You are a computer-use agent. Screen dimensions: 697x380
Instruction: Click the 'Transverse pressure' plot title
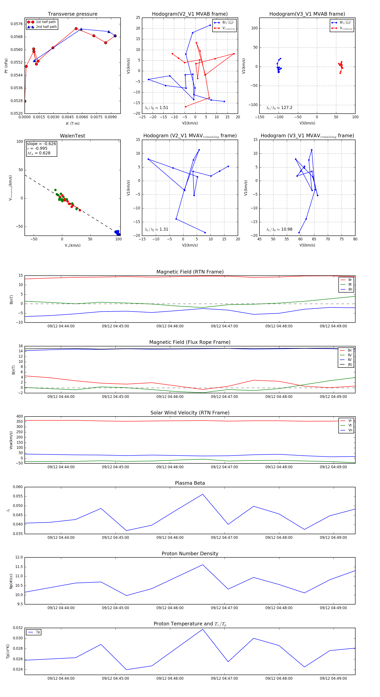pos(72,14)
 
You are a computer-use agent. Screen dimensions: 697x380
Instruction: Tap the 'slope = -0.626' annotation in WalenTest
pos(41,144)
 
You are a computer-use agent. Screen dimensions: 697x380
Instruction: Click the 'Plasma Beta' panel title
pos(190,483)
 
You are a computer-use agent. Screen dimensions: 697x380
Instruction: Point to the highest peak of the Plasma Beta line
pos(203,494)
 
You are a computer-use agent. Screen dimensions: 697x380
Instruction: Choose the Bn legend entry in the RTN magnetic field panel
pos(350,289)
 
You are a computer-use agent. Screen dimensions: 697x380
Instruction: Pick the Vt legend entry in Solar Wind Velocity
pos(350,425)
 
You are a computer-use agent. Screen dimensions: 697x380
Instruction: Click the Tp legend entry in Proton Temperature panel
pos(38,632)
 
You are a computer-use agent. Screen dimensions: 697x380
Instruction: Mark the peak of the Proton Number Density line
pos(203,565)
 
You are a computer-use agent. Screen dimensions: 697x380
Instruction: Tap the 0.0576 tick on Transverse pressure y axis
pos(16,24)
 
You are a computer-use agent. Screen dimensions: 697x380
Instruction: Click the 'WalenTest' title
pos(72,136)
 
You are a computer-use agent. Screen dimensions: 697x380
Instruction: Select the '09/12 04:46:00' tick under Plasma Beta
pos(170,537)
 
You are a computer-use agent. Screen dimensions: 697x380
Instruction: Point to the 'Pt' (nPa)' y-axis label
pos(6,66)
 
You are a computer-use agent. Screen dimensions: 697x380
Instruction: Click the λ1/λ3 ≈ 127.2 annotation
pos(279,108)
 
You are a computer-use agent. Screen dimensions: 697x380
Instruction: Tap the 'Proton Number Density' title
pos(190,554)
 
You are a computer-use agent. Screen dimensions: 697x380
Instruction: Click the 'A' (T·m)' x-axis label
pos(72,123)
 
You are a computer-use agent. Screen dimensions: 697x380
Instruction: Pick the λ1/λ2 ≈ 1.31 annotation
pos(156,229)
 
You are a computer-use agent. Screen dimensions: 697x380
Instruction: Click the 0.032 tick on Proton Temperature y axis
pos(18,628)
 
